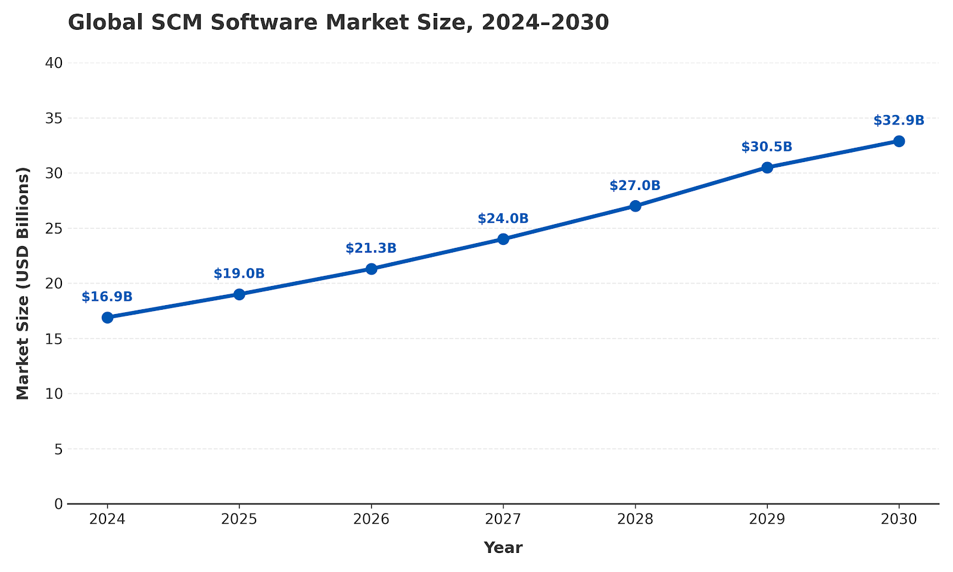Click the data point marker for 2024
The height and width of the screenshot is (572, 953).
point(107,318)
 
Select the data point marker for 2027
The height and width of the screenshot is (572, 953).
point(503,239)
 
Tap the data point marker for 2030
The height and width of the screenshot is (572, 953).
point(899,141)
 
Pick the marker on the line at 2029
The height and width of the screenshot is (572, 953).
point(767,167)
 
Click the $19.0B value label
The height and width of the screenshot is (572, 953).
point(239,274)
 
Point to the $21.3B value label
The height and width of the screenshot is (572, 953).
point(371,248)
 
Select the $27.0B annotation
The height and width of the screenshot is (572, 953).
point(635,186)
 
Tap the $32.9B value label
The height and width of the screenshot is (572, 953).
point(899,120)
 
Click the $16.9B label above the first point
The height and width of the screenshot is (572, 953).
point(107,297)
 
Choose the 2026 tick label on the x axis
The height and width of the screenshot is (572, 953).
point(371,520)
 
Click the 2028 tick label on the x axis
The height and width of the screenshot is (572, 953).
point(635,520)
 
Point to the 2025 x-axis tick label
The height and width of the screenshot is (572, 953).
point(239,520)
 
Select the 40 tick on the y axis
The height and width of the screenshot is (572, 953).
point(54,63)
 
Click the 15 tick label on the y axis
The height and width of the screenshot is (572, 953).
point(54,339)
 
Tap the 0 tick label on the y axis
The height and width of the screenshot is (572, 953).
point(58,504)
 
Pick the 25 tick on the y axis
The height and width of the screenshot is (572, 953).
point(54,228)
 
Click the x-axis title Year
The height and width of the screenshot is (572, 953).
point(503,548)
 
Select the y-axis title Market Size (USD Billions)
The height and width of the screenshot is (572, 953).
point(23,284)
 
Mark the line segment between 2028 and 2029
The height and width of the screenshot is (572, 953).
point(701,186)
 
